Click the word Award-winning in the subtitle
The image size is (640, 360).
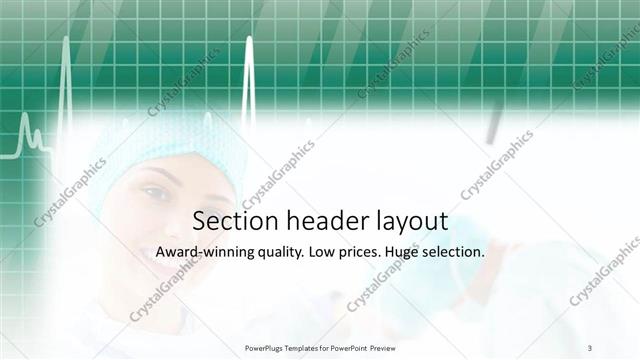pos(204,253)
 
